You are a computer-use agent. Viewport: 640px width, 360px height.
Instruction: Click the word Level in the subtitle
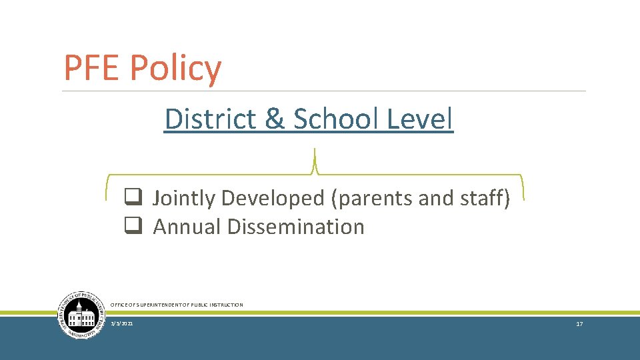pos(420,119)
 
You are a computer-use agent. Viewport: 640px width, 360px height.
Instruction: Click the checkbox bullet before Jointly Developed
pos(131,197)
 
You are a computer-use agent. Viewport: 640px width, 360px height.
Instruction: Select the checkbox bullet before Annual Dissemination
pos(131,226)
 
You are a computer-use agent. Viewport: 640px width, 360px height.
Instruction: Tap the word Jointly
pos(184,199)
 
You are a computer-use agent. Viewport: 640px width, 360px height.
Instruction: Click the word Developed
pos(273,199)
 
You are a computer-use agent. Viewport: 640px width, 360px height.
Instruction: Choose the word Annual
pos(187,227)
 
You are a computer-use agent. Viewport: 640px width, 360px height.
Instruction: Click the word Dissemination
pos(296,227)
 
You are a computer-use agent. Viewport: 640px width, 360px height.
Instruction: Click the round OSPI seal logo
pos(81,315)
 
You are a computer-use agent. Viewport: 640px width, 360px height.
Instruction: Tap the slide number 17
pos(579,323)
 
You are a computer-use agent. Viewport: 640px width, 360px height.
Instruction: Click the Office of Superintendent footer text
pos(177,305)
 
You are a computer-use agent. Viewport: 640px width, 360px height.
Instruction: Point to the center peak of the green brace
pos(314,153)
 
